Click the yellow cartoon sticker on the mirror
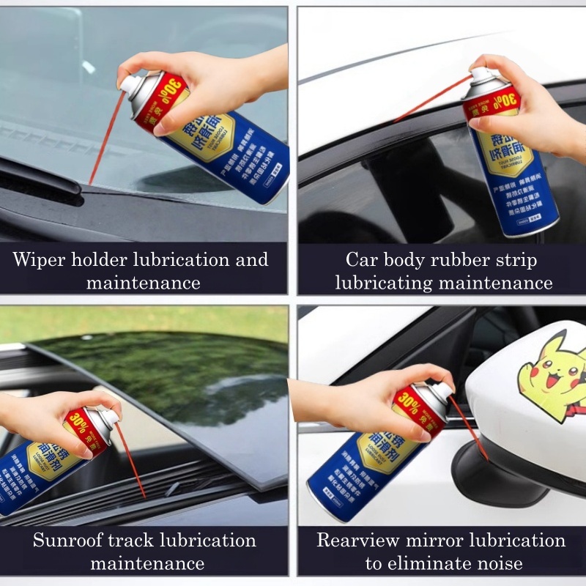point(552,374)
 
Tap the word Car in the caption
point(363,260)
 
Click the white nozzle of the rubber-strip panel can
point(480,73)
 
